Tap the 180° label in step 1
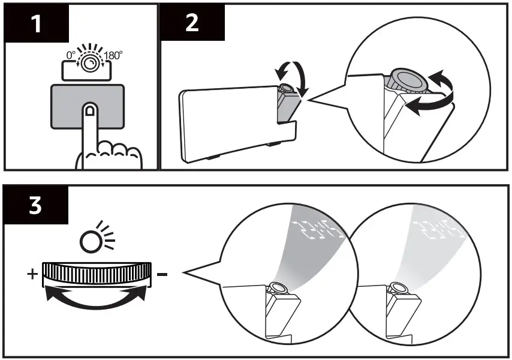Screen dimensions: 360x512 click(113, 56)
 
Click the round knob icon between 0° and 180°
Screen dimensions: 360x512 click(91, 63)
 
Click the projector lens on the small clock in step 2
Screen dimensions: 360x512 click(287, 88)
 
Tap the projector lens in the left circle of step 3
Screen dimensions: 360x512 click(279, 289)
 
